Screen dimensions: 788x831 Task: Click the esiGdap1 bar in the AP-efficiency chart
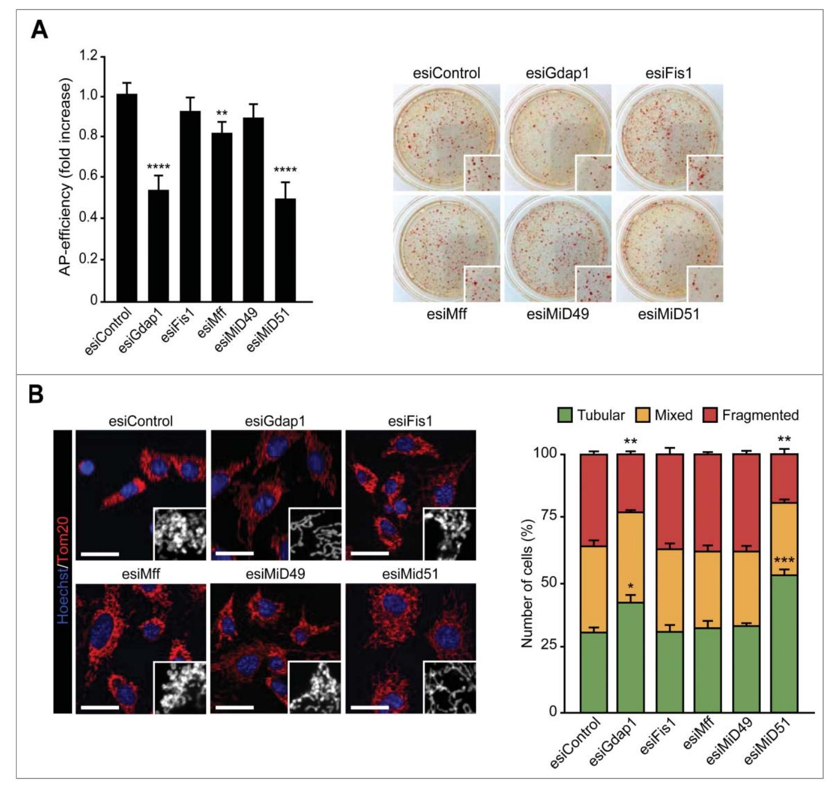(x=158, y=245)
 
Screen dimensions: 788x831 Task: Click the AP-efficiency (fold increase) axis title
(x=66, y=178)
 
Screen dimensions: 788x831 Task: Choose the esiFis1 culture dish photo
(x=669, y=138)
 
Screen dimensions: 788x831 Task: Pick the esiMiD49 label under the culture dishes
(x=557, y=313)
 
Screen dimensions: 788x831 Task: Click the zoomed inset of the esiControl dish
(x=481, y=173)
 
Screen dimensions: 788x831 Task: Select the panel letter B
(x=36, y=395)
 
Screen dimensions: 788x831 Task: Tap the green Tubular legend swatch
(x=564, y=416)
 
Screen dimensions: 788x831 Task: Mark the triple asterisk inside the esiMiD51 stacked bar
(x=784, y=561)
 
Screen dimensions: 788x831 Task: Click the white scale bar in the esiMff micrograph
(x=100, y=707)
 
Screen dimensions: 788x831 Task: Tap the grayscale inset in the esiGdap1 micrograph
(x=314, y=534)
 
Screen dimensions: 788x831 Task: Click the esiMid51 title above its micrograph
(x=410, y=574)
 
